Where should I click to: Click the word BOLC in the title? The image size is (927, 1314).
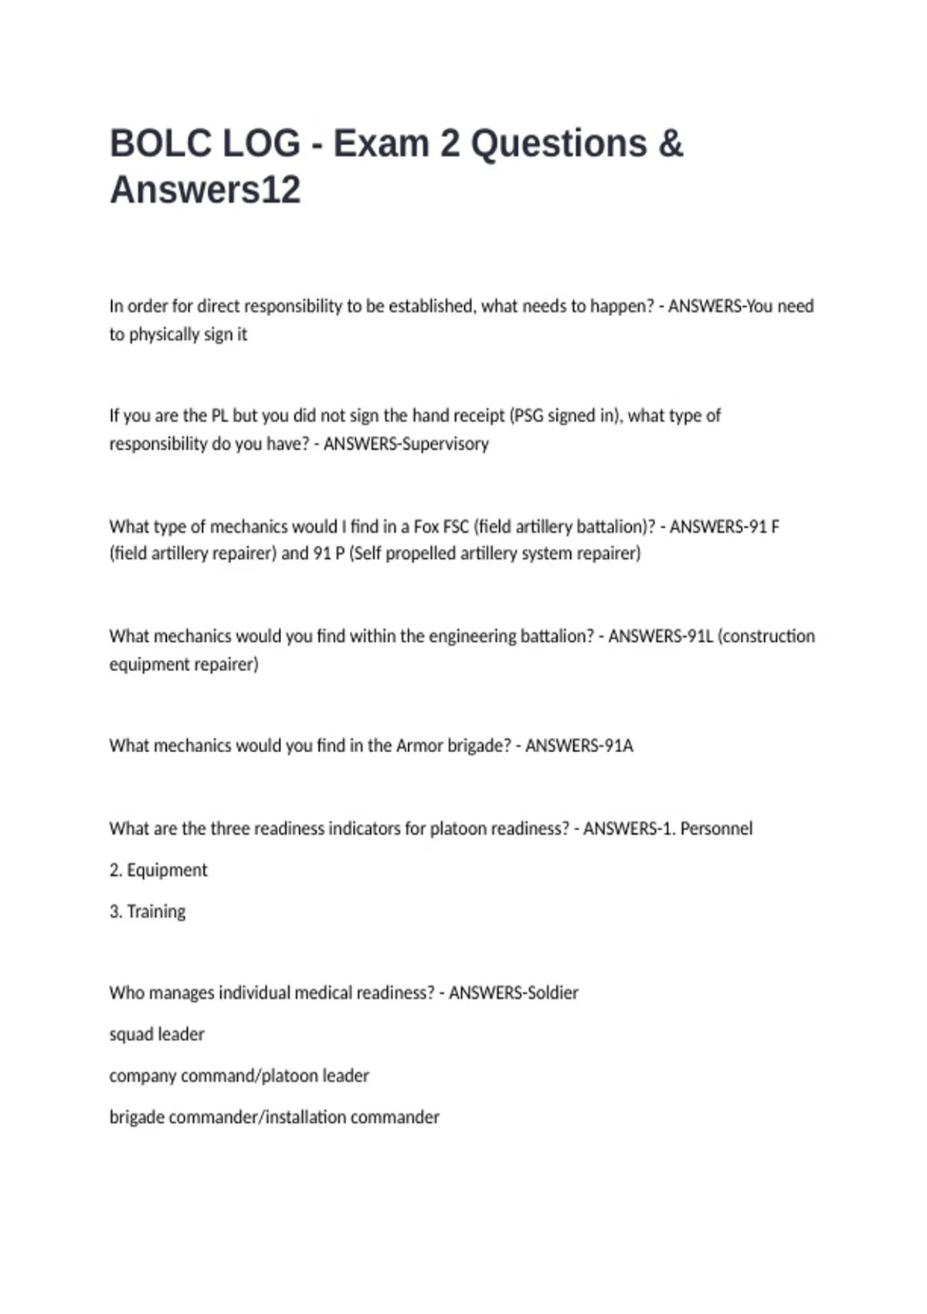[x=161, y=144]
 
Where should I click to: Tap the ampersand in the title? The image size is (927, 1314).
[x=671, y=144]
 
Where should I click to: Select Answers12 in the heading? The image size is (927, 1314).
[x=205, y=190]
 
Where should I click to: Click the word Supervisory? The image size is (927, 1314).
[x=446, y=444]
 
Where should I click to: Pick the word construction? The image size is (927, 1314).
[x=769, y=636]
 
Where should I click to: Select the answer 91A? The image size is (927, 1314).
[x=618, y=746]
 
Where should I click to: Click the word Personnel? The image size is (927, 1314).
[x=716, y=829]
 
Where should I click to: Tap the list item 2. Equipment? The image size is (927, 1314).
[x=158, y=870]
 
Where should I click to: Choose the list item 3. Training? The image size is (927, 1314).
[x=148, y=912]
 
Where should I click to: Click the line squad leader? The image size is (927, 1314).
[x=157, y=1034]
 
